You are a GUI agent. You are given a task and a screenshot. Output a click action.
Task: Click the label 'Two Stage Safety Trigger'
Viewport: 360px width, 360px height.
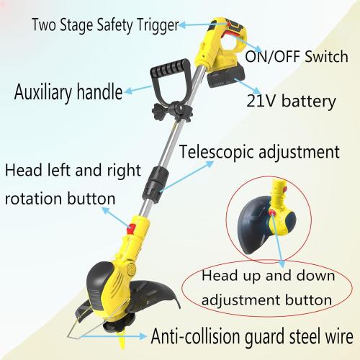105,25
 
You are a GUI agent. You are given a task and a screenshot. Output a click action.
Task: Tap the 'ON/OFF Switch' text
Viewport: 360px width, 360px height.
297,57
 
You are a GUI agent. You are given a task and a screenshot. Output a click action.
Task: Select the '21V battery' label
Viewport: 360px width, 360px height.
291,102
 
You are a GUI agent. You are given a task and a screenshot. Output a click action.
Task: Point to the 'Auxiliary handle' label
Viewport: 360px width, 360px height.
68,92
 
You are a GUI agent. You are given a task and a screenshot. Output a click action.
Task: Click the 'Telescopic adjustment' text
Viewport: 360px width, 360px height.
259,152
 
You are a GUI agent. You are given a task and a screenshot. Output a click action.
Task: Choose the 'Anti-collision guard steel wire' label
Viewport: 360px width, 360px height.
252,336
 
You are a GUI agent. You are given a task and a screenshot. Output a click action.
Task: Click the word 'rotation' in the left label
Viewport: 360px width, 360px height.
33,199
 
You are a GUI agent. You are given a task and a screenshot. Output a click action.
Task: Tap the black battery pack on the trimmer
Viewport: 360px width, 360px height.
227,77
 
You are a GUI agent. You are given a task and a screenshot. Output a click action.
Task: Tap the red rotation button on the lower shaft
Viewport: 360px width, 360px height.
131,229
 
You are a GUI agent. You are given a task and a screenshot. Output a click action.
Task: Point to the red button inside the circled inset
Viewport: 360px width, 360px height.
272,212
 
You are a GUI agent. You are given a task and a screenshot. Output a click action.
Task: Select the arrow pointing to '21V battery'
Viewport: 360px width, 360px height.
248,86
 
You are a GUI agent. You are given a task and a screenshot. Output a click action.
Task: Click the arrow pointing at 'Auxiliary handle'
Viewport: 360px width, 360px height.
138,89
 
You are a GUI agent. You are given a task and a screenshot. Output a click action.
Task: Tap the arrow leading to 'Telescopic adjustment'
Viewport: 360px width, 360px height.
186,176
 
